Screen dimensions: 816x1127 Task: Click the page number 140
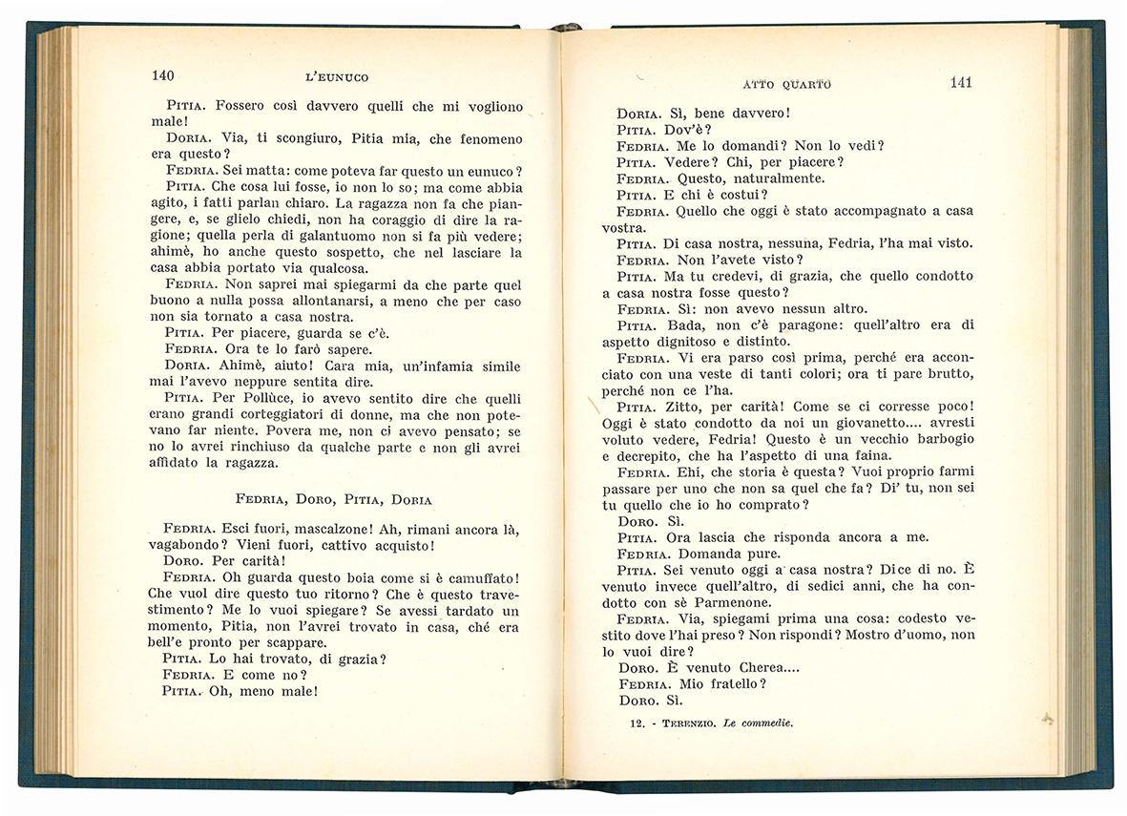pos(161,76)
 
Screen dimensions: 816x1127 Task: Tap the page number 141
pos(961,82)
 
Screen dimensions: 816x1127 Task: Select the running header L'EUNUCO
pos(330,77)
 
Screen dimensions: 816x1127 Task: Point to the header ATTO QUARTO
pos(785,84)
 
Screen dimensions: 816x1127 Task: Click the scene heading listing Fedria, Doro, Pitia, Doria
pos(333,499)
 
